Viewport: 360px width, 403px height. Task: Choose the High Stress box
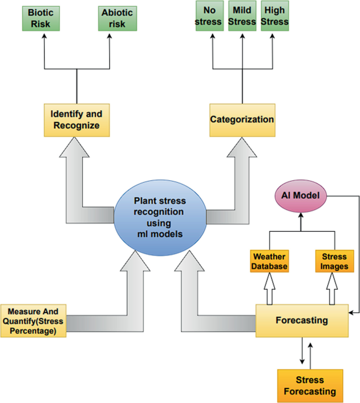click(275, 16)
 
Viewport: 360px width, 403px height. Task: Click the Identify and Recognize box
click(76, 120)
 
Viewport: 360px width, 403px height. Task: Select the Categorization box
click(242, 120)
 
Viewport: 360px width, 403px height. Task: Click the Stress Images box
click(334, 261)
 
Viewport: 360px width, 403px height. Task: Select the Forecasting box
click(302, 320)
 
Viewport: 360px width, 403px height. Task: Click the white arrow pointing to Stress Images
click(332, 289)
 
